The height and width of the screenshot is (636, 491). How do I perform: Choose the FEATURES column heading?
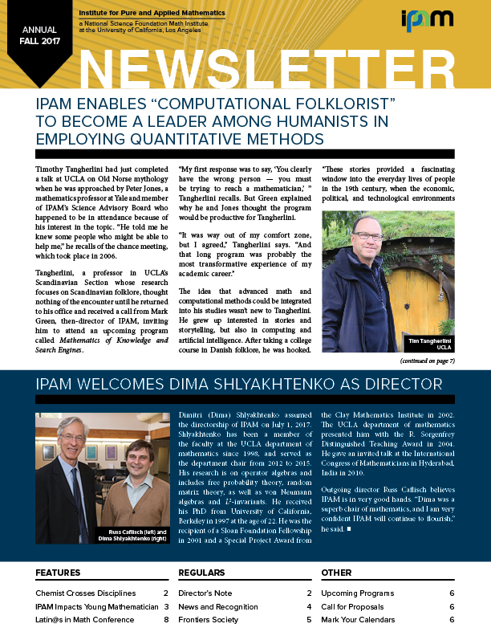58,573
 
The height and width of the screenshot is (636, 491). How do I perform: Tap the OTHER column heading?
336,573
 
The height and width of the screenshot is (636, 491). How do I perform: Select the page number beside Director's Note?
309,593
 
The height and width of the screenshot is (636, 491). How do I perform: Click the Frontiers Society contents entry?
209,620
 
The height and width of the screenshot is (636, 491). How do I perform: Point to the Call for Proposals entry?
352,606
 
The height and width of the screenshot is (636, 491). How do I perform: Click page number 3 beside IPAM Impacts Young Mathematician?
165,606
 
